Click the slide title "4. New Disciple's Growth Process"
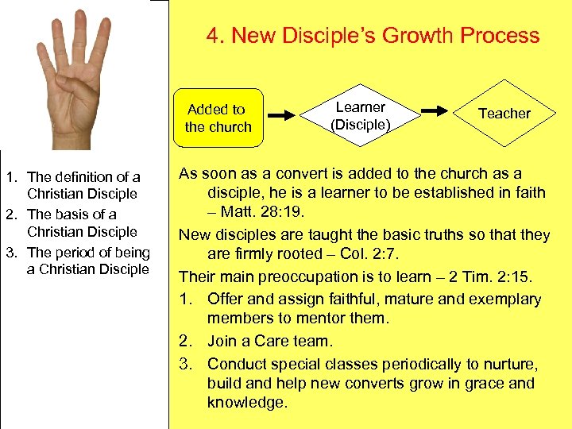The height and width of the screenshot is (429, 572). [x=373, y=36]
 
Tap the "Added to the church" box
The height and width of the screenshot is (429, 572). [x=218, y=118]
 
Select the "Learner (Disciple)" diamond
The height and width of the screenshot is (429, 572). [x=361, y=115]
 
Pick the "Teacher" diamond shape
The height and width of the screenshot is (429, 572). [x=504, y=114]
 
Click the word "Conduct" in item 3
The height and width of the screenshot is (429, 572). [x=236, y=364]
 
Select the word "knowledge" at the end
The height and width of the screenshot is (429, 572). [x=245, y=403]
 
